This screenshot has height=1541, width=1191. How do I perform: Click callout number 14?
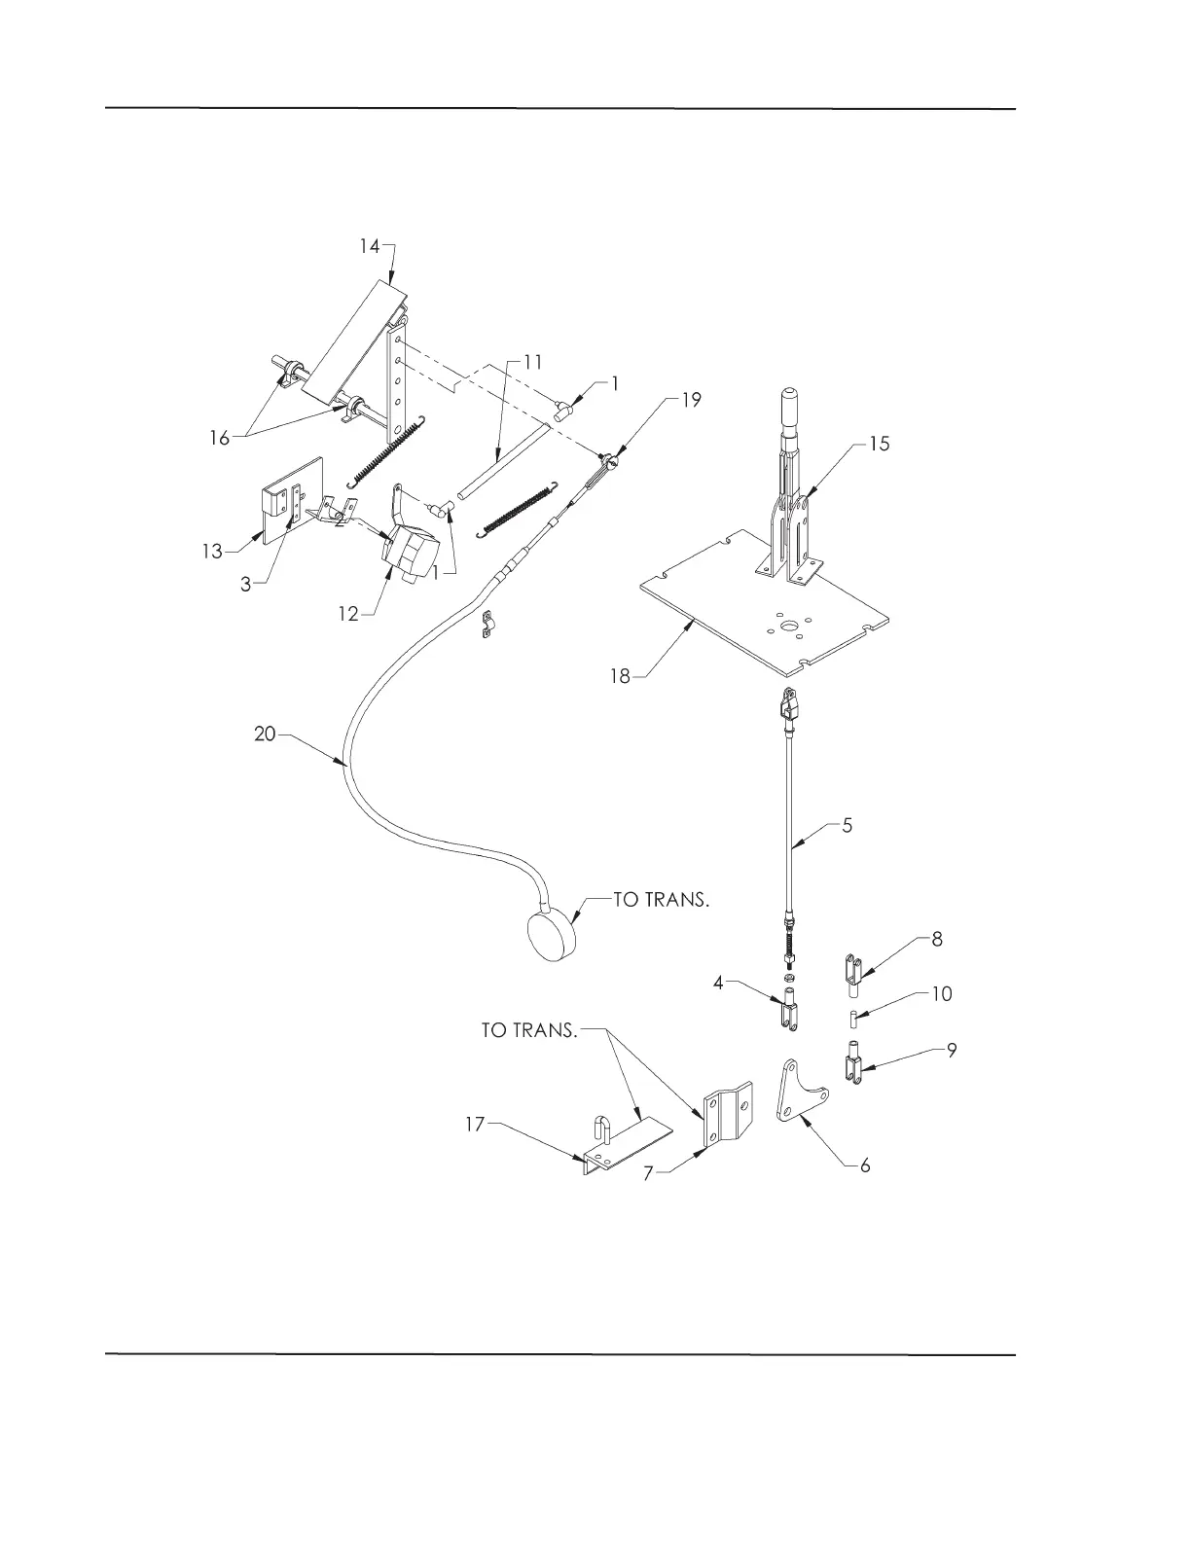pyautogui.click(x=369, y=246)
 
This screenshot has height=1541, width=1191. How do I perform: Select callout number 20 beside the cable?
pyautogui.click(x=265, y=735)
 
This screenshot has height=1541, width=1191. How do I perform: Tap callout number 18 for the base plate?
pyautogui.click(x=621, y=676)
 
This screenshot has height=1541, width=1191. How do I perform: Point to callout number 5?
pyautogui.click(x=847, y=826)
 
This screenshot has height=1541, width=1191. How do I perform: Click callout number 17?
pyautogui.click(x=474, y=1126)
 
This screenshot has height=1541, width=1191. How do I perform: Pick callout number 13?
pyautogui.click(x=212, y=552)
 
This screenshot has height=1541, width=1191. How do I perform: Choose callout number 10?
pyautogui.click(x=941, y=994)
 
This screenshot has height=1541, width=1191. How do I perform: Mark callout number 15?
pyautogui.click(x=879, y=444)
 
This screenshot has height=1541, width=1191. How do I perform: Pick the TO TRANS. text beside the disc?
pyautogui.click(x=661, y=900)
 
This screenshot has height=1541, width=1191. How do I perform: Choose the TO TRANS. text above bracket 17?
pyautogui.click(x=529, y=1030)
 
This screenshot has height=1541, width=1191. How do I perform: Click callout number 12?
pyautogui.click(x=348, y=613)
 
